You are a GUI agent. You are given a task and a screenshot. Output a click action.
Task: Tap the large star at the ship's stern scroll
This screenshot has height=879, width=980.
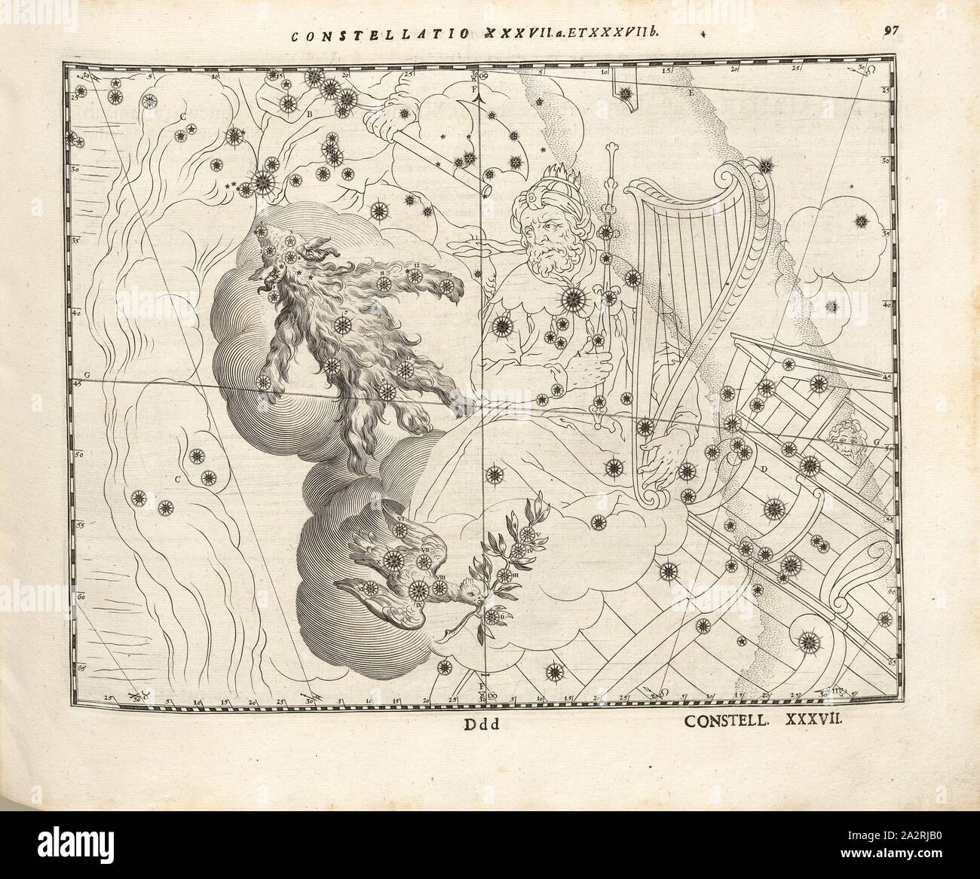[810, 641]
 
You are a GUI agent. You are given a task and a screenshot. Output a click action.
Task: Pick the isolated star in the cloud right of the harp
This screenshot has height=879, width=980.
[860, 221]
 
